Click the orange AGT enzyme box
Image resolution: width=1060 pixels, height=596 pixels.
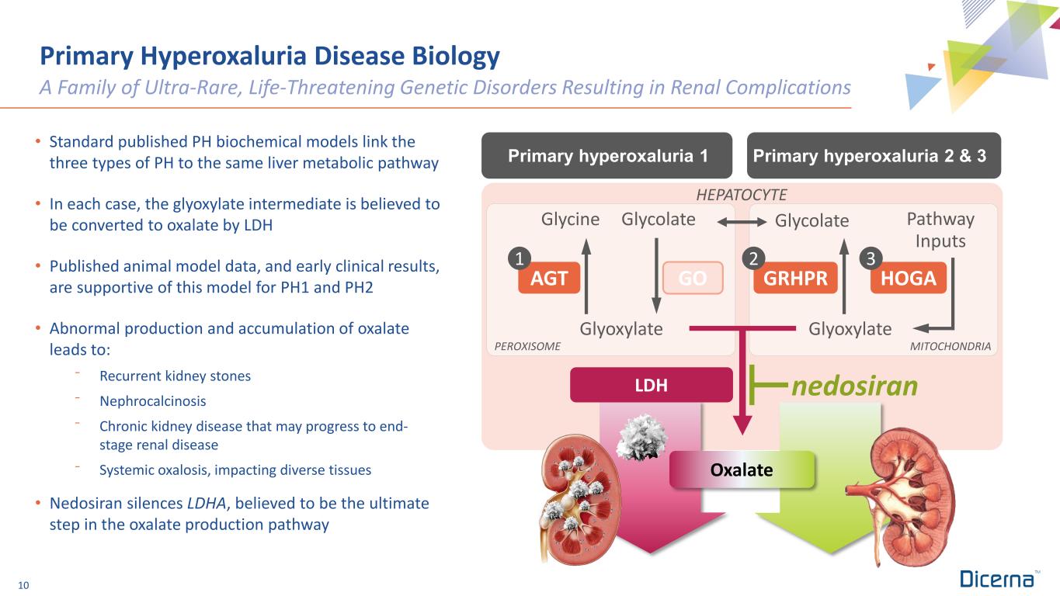[x=549, y=279]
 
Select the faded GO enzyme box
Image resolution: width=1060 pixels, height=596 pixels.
[x=693, y=279]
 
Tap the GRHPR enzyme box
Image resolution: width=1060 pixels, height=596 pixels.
[x=796, y=279]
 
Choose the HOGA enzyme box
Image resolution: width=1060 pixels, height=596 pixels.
[x=909, y=279]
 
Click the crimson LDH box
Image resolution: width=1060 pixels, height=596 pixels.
[x=651, y=385]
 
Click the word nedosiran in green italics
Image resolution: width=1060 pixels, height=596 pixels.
[x=854, y=384]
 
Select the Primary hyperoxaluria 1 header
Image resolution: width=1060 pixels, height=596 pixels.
[x=608, y=155]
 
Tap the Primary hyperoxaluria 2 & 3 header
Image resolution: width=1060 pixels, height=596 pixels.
[x=874, y=155]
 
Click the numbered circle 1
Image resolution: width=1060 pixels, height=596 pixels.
[x=520, y=257]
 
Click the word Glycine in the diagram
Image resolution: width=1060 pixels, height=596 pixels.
[x=571, y=220]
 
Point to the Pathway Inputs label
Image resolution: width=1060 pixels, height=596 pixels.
[x=940, y=230]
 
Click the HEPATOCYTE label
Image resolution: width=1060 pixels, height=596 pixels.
[x=742, y=193]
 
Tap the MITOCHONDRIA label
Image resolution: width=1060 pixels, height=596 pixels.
[x=950, y=347]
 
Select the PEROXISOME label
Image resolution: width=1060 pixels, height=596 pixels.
[x=527, y=347]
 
